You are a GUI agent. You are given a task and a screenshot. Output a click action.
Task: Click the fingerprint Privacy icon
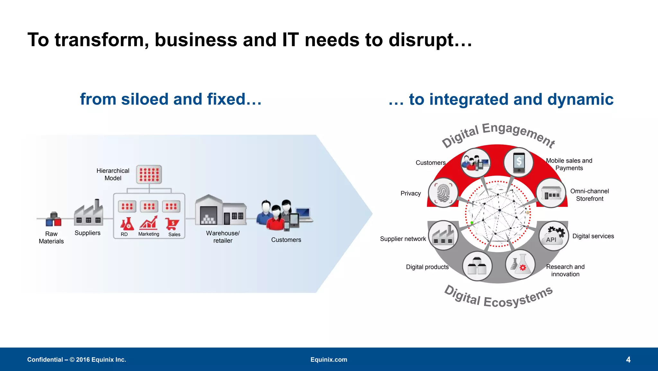point(443,193)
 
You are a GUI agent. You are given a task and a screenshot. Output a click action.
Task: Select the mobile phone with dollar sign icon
point(519,162)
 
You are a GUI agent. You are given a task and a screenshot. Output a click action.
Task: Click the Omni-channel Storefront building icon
point(551,193)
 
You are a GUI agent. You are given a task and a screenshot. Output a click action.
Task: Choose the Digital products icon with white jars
point(477,266)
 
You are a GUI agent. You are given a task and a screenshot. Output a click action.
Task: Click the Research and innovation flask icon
point(520,264)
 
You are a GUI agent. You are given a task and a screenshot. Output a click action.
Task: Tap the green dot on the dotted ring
point(472,223)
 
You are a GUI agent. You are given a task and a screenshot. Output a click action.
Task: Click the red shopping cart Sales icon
point(172,224)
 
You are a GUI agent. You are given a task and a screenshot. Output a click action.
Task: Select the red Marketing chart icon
point(149,223)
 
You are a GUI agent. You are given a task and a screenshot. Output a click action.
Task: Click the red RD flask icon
point(127,224)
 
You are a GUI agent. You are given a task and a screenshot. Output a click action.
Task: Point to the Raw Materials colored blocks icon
point(54,219)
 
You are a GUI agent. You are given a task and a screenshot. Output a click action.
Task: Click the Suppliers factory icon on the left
point(89,213)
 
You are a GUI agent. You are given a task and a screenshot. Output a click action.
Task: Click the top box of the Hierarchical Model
point(149,174)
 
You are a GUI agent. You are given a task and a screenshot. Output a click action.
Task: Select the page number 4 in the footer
point(628,359)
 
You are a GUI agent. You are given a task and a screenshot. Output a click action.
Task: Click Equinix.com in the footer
point(329,359)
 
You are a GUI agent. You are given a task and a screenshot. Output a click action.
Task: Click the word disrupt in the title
point(430,40)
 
